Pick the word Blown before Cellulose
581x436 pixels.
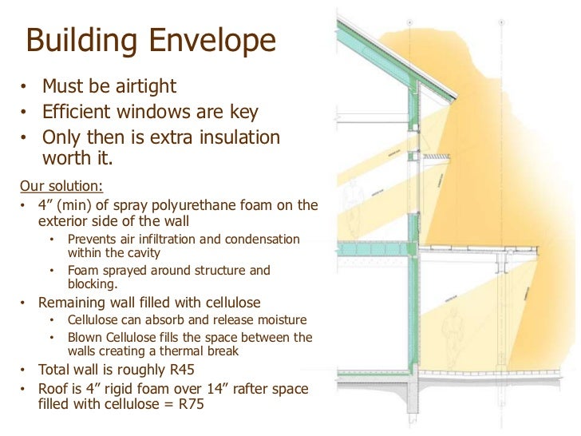86,338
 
